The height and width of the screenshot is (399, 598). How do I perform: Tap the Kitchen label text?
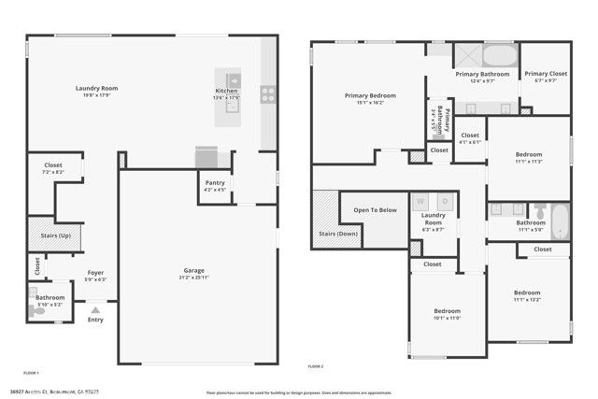227,92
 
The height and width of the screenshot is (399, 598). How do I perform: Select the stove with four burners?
268,93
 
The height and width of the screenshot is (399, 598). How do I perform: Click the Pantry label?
215,183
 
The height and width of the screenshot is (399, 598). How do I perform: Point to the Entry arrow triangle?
95,305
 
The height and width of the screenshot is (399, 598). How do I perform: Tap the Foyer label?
95,273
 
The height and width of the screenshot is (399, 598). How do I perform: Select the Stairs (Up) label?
55,235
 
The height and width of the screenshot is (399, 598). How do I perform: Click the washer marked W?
420,201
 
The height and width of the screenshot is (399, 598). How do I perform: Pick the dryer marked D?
446,201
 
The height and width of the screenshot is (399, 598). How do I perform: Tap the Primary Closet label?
546,74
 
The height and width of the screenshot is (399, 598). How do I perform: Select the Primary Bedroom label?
370,95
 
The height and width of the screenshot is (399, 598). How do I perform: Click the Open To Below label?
375,209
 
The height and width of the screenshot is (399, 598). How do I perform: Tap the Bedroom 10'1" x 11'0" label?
447,311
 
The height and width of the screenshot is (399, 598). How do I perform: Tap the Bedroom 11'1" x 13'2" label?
527,293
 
